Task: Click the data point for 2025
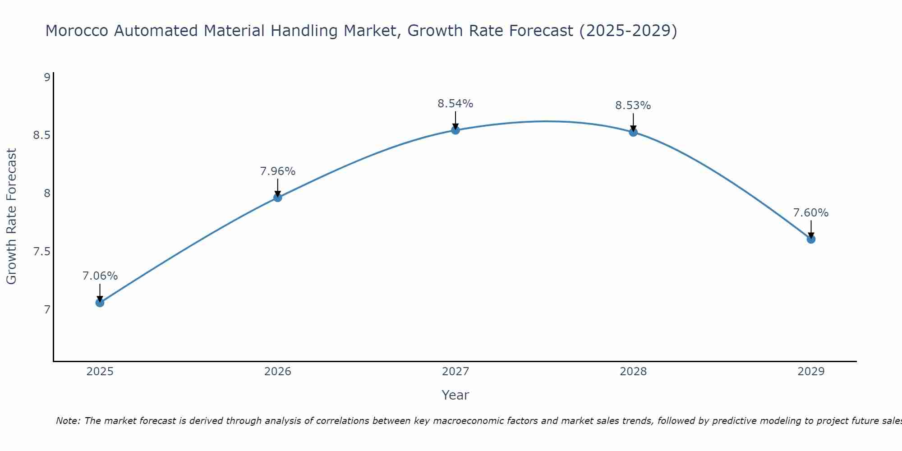100,303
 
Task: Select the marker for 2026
278,198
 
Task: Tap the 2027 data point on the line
456,130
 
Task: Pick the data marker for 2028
633,132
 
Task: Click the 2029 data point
811,239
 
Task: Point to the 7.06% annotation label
100,276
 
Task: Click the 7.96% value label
278,171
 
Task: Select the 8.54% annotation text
456,104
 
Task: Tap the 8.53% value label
633,106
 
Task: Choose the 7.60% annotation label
811,213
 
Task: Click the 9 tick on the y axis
47,78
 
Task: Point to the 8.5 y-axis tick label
41,135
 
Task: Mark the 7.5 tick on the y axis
41,252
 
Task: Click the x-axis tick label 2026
278,372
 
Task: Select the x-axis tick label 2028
633,372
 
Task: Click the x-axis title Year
456,395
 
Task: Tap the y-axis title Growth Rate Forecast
11,216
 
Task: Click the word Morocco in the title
77,31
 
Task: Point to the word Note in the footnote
68,421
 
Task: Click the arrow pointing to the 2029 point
811,229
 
